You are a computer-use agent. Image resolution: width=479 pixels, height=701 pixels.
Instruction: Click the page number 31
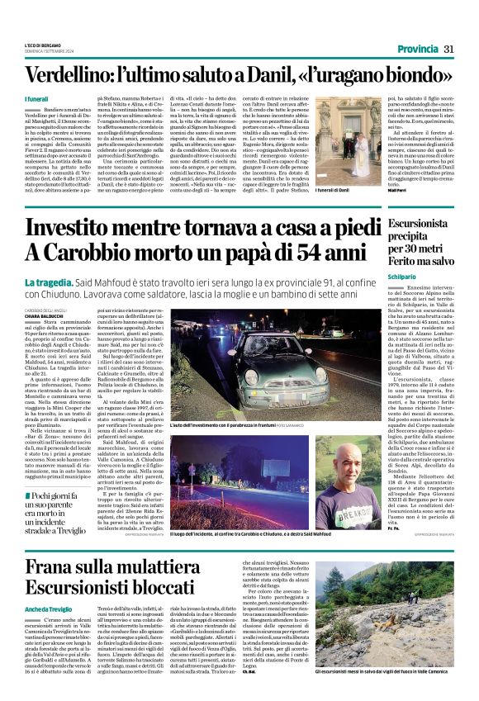click(x=449, y=49)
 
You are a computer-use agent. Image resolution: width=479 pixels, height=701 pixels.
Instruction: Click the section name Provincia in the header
click(x=416, y=49)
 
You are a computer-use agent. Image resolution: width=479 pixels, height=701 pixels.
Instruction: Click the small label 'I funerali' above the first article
click(x=36, y=99)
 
